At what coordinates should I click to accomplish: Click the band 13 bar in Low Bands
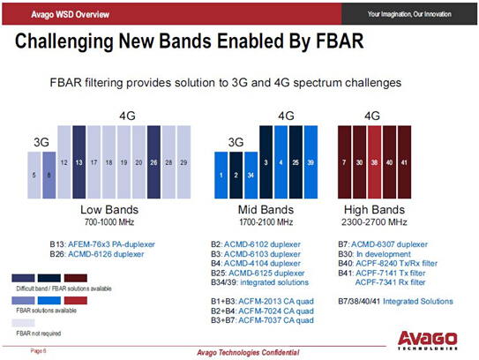(79, 162)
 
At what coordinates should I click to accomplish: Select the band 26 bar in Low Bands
(153, 162)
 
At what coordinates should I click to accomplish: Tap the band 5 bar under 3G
(34, 175)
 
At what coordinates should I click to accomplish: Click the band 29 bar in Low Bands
(183, 162)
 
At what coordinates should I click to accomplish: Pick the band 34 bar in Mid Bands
(251, 175)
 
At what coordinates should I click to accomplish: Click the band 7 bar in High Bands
(346, 162)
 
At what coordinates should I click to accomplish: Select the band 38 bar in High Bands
(375, 162)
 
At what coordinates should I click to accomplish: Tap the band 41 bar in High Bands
(404, 162)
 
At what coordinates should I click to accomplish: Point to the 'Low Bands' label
(109, 213)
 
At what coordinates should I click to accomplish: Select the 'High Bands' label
(374, 213)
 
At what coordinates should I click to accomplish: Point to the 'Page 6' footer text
(38, 350)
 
